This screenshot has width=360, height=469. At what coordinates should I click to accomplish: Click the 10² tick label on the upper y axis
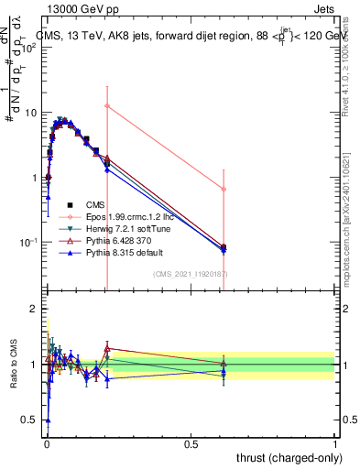[x=29, y=48]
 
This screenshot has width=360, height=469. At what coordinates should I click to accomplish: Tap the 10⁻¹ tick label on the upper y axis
[x=29, y=243]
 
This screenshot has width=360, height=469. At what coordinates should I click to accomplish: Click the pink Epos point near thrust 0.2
[x=107, y=106]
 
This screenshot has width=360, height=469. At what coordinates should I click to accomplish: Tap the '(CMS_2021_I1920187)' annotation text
[x=190, y=273]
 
